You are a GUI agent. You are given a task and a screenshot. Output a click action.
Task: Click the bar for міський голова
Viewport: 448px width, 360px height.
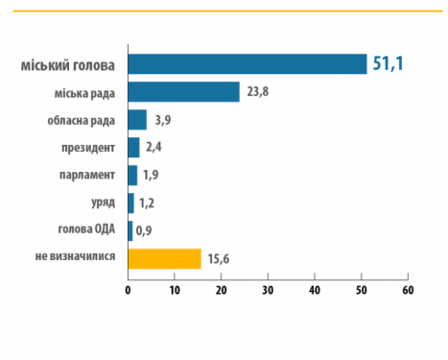(247, 64)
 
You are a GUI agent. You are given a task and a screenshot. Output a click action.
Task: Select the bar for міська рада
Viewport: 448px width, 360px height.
(183, 92)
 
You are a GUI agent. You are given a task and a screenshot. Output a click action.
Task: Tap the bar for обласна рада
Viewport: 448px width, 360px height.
(137, 120)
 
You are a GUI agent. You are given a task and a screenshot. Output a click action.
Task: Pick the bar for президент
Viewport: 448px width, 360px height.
(133, 148)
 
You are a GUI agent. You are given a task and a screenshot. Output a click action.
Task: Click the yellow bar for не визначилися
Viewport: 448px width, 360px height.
(164, 259)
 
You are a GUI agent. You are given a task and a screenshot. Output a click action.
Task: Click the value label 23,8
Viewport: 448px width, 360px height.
(257, 92)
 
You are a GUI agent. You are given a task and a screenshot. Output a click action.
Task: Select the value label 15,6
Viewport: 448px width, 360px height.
(219, 259)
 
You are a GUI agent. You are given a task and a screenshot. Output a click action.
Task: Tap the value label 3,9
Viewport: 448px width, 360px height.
(163, 120)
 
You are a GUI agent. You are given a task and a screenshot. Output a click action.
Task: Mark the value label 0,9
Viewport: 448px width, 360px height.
(145, 231)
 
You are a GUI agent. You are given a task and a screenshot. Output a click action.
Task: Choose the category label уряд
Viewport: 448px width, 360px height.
(103, 204)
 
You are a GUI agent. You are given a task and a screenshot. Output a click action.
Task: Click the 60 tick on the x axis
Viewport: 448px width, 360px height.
(408, 290)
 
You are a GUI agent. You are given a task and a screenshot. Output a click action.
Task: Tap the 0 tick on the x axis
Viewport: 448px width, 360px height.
(128, 290)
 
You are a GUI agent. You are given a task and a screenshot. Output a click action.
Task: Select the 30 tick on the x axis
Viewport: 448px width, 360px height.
(268, 290)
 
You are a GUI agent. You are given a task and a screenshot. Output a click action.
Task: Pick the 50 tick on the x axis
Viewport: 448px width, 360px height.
(361, 290)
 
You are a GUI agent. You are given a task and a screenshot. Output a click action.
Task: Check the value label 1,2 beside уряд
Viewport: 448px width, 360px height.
(147, 204)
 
